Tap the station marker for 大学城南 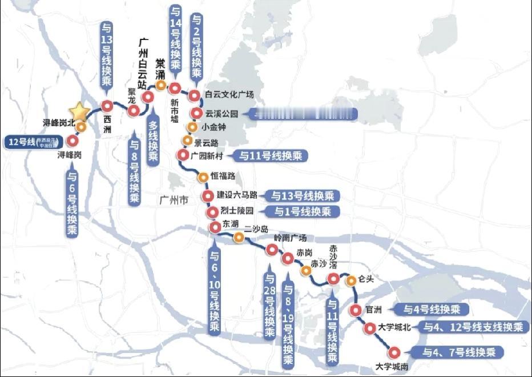[x=394, y=352]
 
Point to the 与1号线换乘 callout [x=303, y=212]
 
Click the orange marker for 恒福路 [x=202, y=177]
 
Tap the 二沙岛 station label [x=256, y=229]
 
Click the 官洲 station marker [x=356, y=311]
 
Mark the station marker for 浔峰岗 [x=72, y=141]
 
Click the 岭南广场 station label [x=290, y=238]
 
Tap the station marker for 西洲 [x=107, y=105]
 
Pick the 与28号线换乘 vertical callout [x=270, y=306]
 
